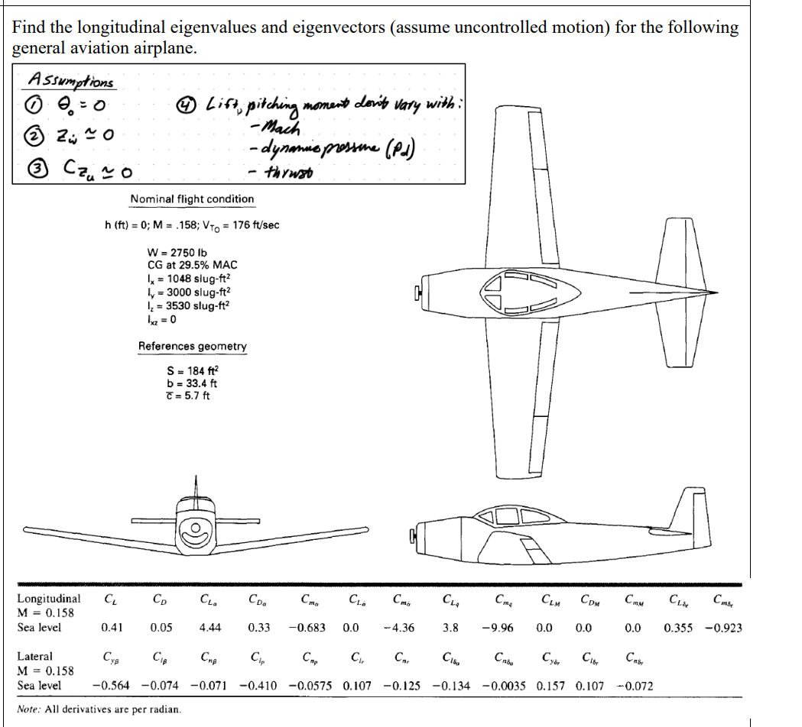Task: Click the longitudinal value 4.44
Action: coord(210,628)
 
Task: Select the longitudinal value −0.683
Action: coord(307,628)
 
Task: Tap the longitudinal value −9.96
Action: coord(497,628)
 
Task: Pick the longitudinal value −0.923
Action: coord(722,628)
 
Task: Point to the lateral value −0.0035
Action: coord(505,685)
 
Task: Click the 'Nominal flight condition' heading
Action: coord(192,199)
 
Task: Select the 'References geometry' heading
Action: coord(192,346)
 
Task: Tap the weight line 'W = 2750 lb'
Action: coord(177,252)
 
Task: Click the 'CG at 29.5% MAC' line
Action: coord(192,265)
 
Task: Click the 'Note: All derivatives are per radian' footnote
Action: coord(99,709)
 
